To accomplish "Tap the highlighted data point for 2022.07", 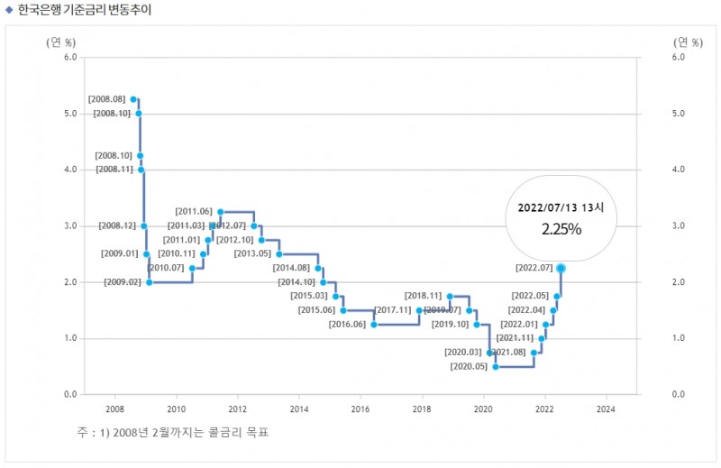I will point(561,268).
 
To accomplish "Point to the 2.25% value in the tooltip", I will point(561,229).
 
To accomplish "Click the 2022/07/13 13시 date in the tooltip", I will point(561,206).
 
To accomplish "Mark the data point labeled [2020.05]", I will point(496,367).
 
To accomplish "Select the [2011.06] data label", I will point(194,211).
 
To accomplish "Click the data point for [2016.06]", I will point(373,325).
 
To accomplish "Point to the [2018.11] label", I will point(423,296).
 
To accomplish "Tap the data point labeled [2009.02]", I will point(149,282).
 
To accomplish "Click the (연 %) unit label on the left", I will point(61,41).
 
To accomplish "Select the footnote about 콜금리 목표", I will point(173,433).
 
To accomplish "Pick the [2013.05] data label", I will point(252,253).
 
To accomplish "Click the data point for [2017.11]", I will point(419,310).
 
